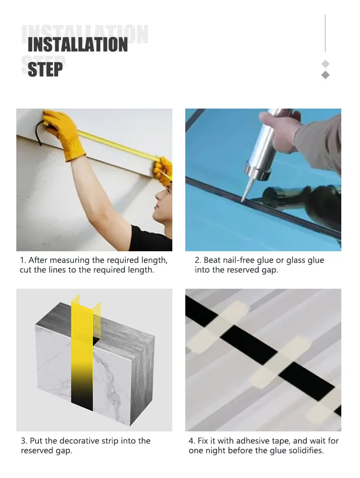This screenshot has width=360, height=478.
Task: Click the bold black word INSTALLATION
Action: point(78,45)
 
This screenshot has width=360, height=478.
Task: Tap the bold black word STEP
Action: point(45,69)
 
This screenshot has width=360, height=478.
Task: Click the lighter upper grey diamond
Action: point(325,64)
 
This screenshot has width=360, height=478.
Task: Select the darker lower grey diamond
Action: point(325,75)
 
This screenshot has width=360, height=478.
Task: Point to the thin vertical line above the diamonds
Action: point(325,33)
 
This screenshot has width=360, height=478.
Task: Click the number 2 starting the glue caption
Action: point(198,260)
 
